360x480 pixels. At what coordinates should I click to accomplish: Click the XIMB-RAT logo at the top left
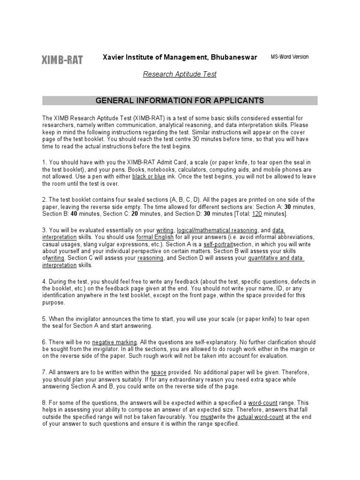pyautogui.click(x=63, y=60)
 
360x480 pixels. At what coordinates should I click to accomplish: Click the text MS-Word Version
pyautogui.click(x=290, y=57)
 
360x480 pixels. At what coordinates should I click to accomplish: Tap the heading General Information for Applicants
pyautogui.click(x=180, y=100)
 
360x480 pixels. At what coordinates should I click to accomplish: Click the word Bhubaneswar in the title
pyautogui.click(x=233, y=57)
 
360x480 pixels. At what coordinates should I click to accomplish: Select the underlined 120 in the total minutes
pyautogui.click(x=257, y=214)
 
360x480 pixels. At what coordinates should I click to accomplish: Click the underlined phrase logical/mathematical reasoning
pyautogui.click(x=217, y=230)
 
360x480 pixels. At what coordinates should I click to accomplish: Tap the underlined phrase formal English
pyautogui.click(x=155, y=237)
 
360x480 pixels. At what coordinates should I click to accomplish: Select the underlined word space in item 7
pyautogui.click(x=158, y=371)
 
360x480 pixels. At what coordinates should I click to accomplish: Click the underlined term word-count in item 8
pyautogui.click(x=261, y=402)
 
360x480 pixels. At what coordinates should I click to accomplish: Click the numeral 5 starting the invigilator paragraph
pyautogui.click(x=44, y=319)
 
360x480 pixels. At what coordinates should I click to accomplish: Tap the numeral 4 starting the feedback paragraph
pyautogui.click(x=44, y=281)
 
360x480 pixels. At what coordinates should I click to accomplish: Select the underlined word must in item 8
pyautogui.click(x=206, y=416)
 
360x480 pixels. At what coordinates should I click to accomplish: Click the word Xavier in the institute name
pyautogui.click(x=114, y=57)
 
